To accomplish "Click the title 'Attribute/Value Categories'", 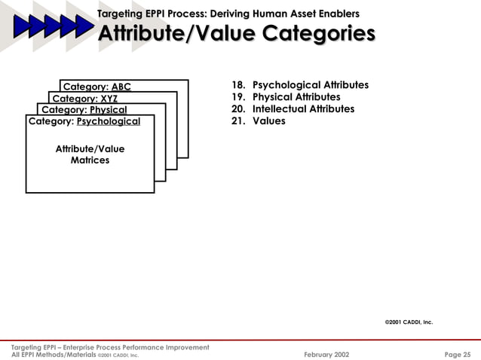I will (237, 35).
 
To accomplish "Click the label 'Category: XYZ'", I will (84, 98).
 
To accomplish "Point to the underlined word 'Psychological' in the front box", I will (109, 121).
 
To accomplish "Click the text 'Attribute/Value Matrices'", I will (90, 154).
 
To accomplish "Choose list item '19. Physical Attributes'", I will (286, 97).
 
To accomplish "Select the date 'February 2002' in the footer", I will (326, 353).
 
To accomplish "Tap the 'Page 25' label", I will (456, 353).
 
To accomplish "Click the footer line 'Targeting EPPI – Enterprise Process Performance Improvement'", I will (110, 346).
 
